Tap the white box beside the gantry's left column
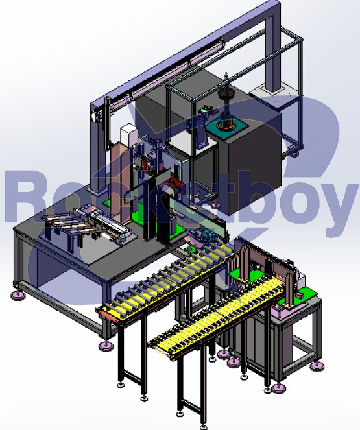[128, 134]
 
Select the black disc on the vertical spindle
[226, 95]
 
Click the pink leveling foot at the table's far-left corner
[18, 295]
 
